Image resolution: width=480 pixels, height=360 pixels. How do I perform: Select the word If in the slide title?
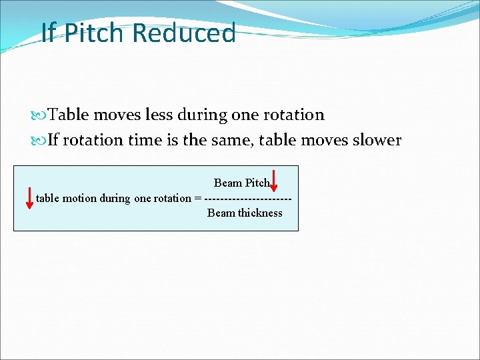pos(48,33)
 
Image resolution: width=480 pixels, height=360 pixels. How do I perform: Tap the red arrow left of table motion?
pos(29,198)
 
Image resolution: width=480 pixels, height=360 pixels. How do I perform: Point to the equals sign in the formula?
pos(197,198)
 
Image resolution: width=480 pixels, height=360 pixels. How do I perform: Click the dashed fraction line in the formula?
pos(248,199)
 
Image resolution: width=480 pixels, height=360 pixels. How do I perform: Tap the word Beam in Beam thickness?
pos(221,213)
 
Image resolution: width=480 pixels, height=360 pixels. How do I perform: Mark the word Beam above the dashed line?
pos(228,183)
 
